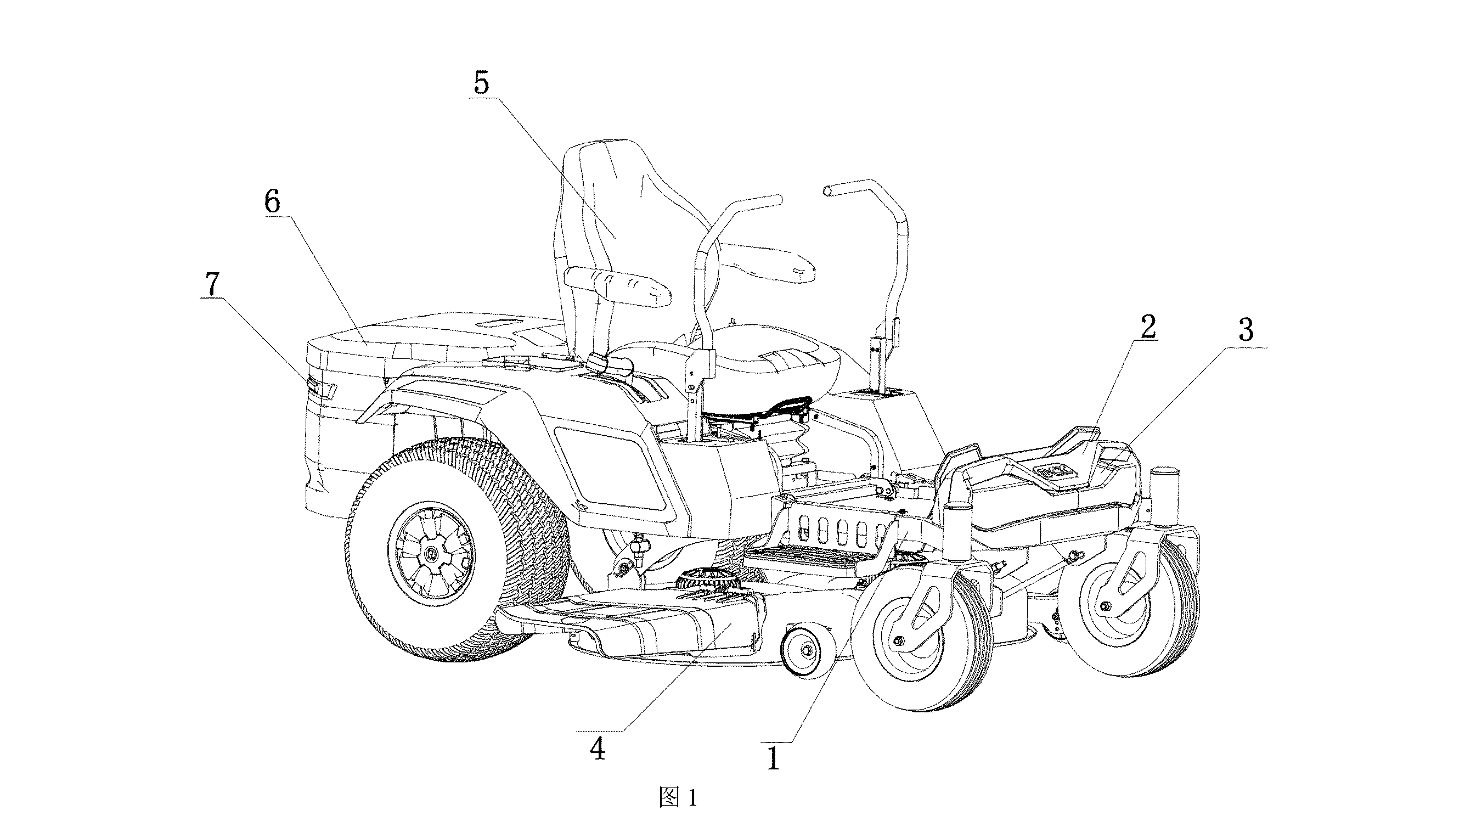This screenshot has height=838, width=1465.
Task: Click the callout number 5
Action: tap(482, 83)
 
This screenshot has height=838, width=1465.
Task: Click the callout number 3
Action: tap(1246, 330)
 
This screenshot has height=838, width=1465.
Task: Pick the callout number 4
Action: tap(598, 749)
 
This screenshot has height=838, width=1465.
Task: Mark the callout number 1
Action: tap(773, 757)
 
